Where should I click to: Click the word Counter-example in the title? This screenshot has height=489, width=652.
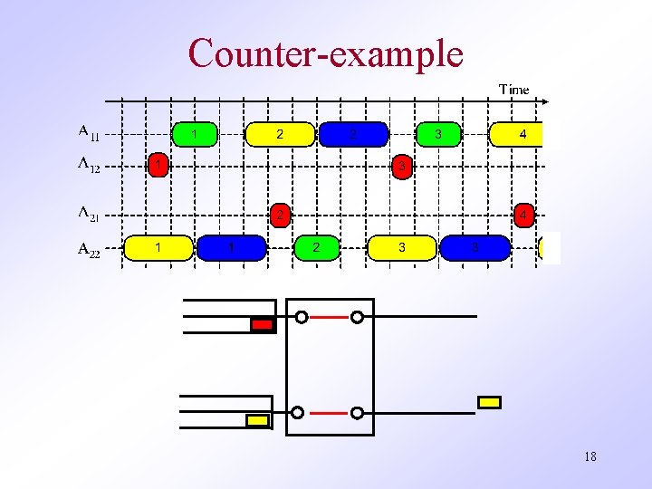326,53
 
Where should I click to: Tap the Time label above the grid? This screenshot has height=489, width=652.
513,89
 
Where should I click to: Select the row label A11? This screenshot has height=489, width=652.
89,133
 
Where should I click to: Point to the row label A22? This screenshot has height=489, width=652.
89,249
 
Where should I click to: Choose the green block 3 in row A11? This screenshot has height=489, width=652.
438,134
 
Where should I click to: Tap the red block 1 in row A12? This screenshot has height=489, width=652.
158,166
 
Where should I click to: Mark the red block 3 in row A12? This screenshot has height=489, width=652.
402,167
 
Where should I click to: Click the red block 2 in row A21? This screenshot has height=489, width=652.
282,216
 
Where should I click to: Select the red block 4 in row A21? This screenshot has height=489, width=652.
523,216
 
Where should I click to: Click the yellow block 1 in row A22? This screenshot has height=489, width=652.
158,247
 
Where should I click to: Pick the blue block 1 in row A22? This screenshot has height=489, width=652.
232,247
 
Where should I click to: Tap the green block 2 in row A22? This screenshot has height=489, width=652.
315,247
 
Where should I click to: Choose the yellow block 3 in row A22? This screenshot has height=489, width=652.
402,247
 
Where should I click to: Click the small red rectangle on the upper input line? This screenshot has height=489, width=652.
262,324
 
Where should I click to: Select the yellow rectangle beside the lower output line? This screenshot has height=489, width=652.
489,402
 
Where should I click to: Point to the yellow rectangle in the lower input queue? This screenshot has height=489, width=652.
257,420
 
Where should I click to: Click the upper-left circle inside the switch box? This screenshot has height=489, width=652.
302,317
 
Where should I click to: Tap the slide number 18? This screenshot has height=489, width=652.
590,457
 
